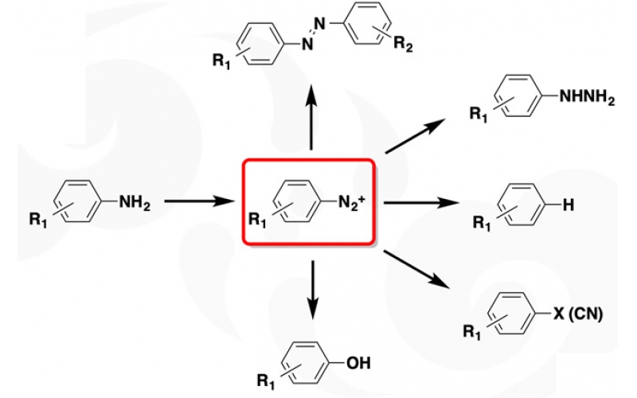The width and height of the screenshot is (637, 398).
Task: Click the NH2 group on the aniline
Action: [x=135, y=202]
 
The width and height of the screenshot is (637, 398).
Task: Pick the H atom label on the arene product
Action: [x=568, y=205]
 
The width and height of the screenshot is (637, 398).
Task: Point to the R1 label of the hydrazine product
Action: [x=479, y=116]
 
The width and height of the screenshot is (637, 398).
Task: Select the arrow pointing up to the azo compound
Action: [x=311, y=119]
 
